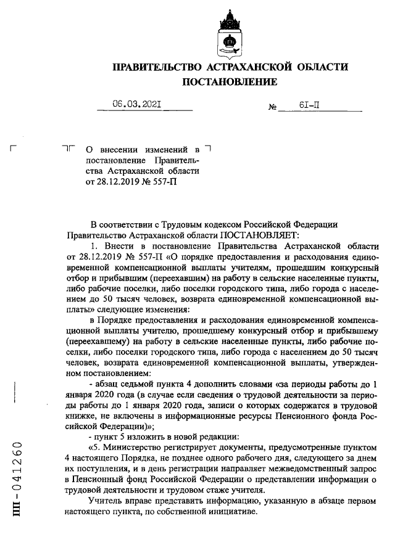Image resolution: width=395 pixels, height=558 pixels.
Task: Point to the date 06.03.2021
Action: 136,105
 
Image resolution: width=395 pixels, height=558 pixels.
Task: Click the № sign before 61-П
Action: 272,108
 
